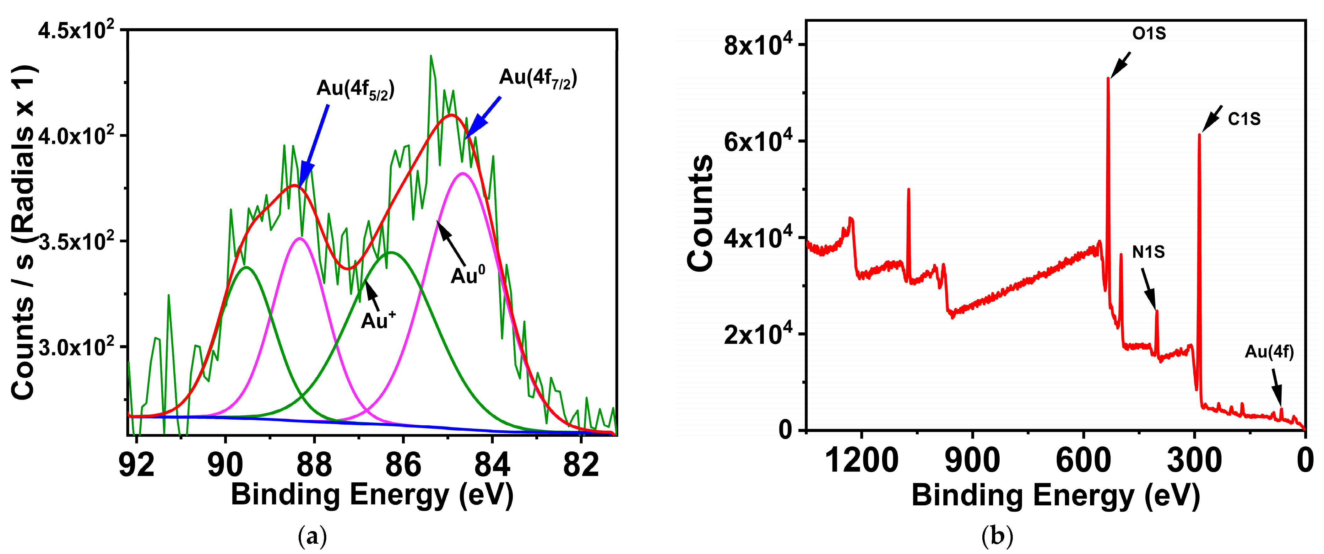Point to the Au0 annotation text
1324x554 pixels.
467,276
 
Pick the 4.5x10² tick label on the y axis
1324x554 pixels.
76,31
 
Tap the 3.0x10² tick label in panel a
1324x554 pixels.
76,347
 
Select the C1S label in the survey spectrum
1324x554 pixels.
1244,119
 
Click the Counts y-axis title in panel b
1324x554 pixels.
700,213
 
